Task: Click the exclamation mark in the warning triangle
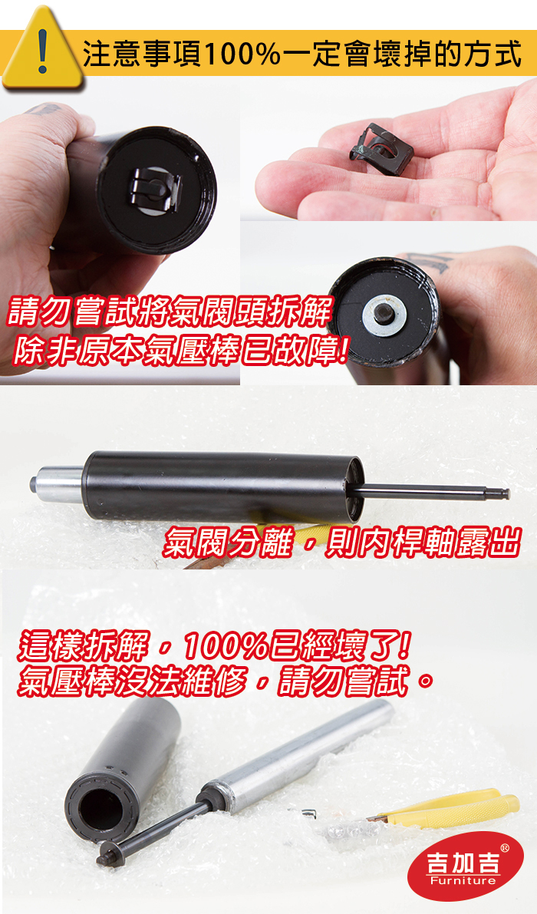[x=42, y=51]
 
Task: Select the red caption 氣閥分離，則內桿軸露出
[x=341, y=542]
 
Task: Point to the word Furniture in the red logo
[x=463, y=880]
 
